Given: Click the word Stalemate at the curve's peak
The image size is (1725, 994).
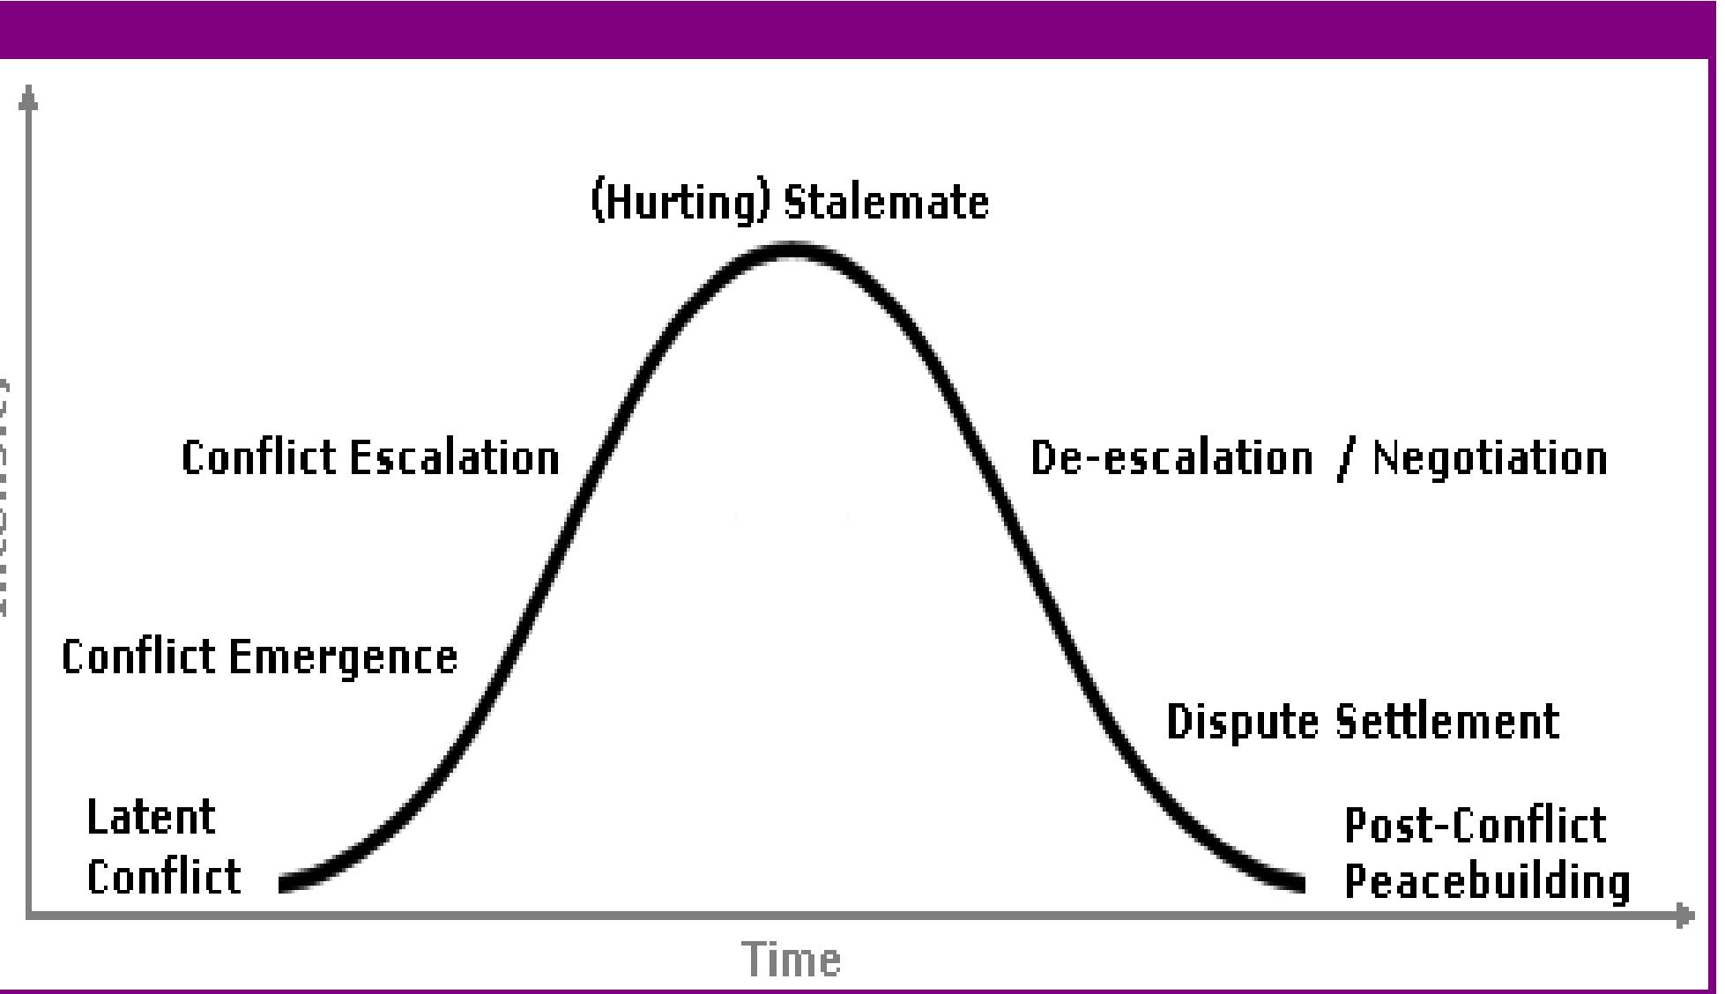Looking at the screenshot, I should click(887, 203).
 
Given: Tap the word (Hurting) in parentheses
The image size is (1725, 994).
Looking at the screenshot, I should click(679, 203).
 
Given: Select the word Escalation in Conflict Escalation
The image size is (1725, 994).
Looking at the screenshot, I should click(454, 458).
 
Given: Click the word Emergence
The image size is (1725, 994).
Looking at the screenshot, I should click(343, 657).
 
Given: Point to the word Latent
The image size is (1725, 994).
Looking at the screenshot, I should click(151, 817).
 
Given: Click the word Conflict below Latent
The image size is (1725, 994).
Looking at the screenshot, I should click(163, 876).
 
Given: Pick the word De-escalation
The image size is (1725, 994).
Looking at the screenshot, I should click(1171, 458).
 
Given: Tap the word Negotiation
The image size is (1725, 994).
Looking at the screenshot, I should click(1490, 458).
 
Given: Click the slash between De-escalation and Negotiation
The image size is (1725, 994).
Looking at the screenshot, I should click(1343, 460).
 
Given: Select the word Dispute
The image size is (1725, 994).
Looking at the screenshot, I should click(1242, 722).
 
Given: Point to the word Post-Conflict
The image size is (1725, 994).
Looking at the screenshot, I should click(1474, 826).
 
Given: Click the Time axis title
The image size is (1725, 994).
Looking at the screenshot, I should click(791, 959).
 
